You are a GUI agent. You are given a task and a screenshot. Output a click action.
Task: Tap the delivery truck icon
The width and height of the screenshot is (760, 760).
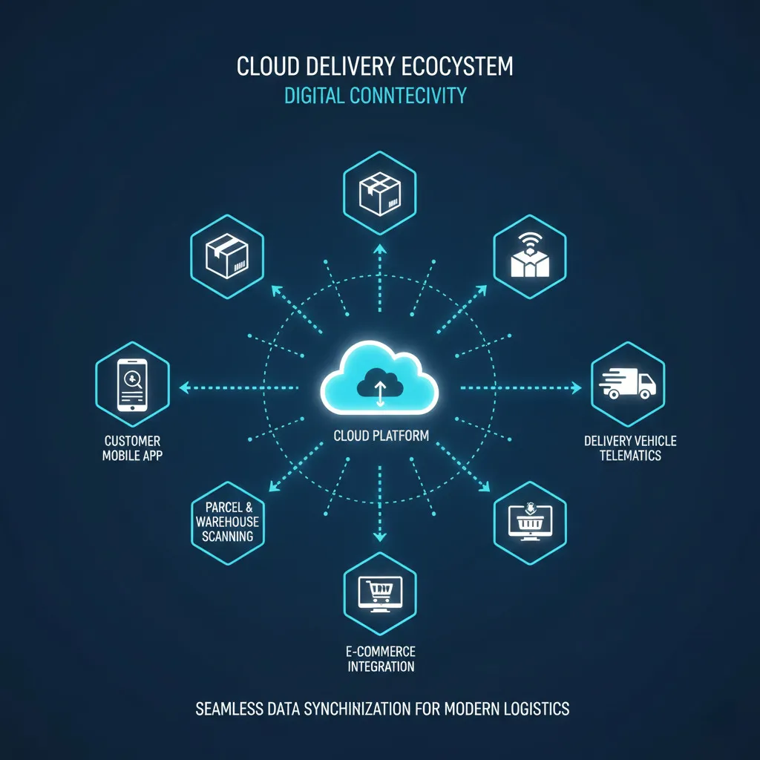pos(627,384)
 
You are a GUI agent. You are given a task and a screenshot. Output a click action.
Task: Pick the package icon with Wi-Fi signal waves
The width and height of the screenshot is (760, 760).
pos(530,257)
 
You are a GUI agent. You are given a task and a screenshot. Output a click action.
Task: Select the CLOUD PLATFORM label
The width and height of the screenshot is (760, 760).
pos(380,436)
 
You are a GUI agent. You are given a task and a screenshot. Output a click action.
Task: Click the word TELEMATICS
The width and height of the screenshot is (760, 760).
pos(630,455)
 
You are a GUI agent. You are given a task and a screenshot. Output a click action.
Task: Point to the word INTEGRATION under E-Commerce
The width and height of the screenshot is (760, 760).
pos(380,666)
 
